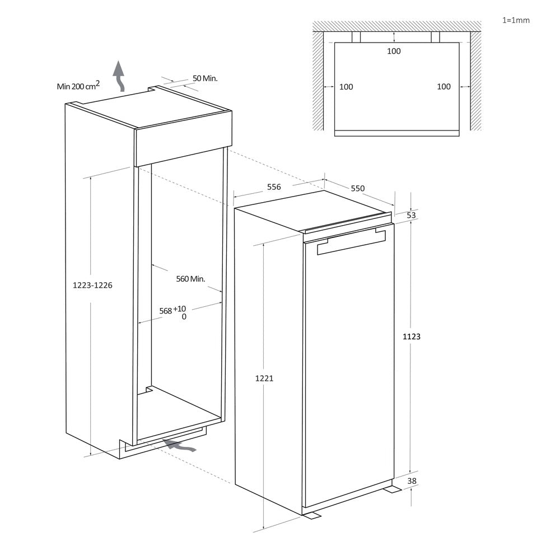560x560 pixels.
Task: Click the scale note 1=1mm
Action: (516, 20)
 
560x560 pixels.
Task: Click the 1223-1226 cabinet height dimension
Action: (93, 285)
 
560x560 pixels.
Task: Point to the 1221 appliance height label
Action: (264, 378)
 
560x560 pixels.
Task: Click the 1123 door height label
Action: (412, 337)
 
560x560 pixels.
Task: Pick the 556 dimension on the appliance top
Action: (273, 187)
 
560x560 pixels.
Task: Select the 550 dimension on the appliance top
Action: (358, 188)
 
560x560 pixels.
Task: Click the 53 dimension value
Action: (412, 215)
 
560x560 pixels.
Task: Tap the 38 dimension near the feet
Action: (412, 480)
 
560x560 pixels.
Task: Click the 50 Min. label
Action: (204, 78)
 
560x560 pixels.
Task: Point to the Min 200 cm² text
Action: (78, 86)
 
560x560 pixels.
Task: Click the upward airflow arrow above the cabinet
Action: (119, 76)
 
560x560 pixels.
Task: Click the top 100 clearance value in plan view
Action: (394, 52)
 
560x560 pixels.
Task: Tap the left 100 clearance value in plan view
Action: (346, 87)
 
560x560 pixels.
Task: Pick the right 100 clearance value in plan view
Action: (444, 87)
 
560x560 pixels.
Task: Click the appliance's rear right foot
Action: (392, 489)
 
